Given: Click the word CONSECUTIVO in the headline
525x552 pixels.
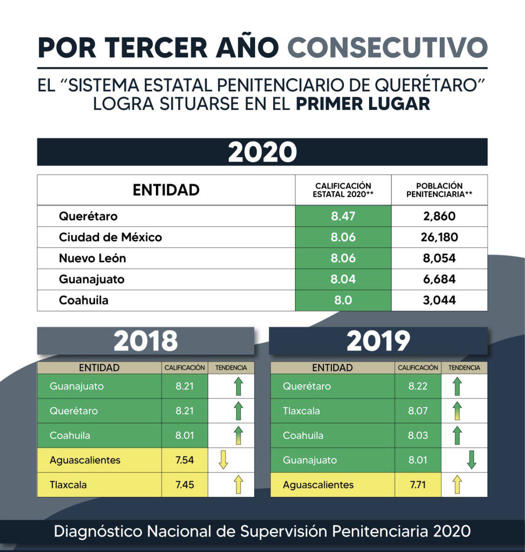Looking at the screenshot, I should [x=387, y=47].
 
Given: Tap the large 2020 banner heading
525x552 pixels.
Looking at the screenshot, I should [x=262, y=152].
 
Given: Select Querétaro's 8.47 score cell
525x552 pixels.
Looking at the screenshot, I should [x=343, y=216].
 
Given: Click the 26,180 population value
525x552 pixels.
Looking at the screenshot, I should [x=439, y=237].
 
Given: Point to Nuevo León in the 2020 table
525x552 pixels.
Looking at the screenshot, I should [x=92, y=258].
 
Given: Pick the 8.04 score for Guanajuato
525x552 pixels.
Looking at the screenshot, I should [x=343, y=279].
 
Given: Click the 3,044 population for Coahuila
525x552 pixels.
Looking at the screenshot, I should [x=439, y=300].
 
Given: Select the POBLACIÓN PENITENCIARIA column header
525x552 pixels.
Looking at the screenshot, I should [x=439, y=190].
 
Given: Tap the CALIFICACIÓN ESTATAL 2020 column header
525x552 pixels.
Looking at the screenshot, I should [x=343, y=190].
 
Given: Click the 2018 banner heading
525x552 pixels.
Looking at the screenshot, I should [x=146, y=341].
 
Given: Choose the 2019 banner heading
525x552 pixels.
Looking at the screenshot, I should [x=378, y=341].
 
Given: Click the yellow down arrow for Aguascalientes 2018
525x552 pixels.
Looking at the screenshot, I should [x=223, y=460].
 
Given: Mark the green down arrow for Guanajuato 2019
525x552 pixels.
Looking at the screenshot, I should [x=471, y=460].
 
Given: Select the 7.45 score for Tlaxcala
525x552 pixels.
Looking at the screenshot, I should [x=185, y=485].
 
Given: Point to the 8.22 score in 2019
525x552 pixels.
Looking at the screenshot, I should [x=418, y=386].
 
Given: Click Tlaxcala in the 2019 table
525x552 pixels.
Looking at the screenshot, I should [x=301, y=411].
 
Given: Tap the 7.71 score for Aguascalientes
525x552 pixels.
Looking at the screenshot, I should [x=418, y=485].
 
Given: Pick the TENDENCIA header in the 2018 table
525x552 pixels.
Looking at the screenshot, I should [x=231, y=368].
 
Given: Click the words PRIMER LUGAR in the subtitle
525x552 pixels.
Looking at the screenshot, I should [x=363, y=104].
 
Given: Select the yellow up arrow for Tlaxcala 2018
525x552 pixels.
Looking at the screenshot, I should [x=238, y=485].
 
